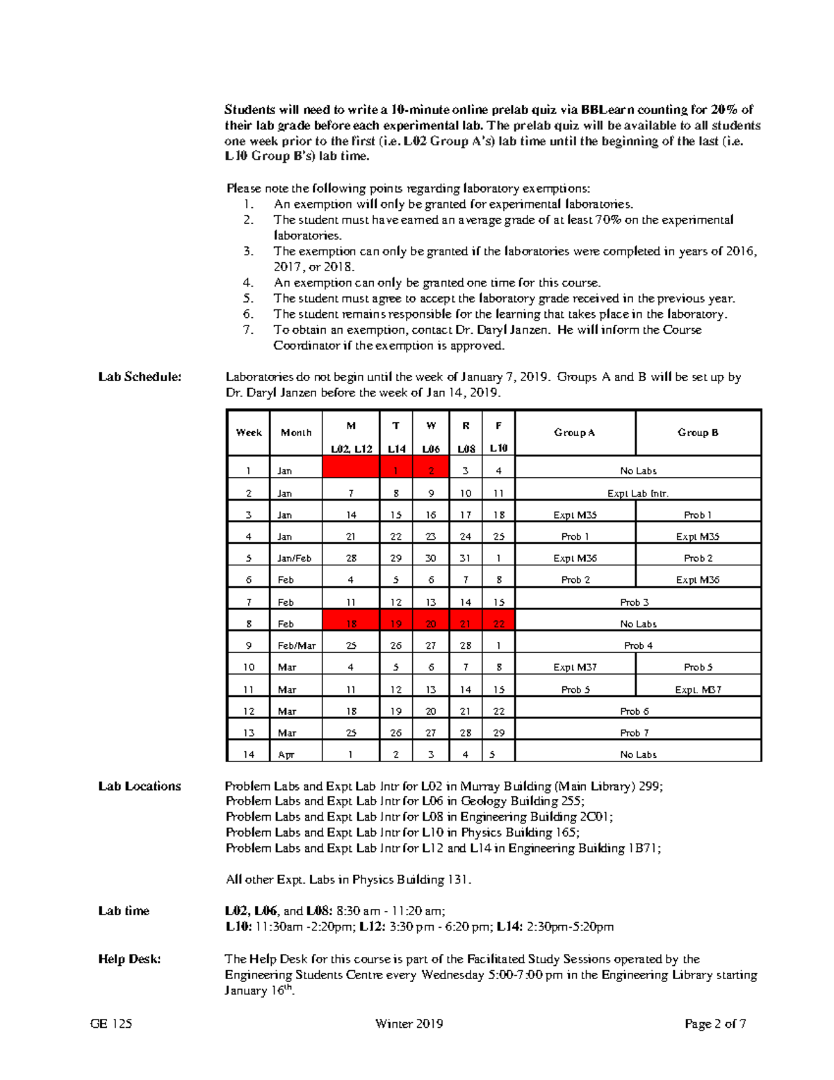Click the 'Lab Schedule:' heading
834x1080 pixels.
140,377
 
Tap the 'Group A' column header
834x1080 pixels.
574,433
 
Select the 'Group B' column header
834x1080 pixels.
698,433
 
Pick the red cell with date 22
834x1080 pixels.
498,624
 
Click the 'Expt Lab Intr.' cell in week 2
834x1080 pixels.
637,493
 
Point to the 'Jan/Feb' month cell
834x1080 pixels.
295,558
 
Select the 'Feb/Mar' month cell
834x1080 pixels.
297,645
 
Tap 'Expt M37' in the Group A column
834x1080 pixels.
575,667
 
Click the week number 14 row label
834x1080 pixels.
248,755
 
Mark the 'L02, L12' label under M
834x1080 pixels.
351,449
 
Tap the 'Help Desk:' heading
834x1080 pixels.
129,959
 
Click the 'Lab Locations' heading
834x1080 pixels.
140,787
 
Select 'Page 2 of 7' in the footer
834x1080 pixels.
715,1024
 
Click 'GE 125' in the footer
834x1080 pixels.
111,1024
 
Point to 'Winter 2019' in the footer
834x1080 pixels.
409,1024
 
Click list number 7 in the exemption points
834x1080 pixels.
249,330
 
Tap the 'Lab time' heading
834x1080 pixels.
124,911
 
